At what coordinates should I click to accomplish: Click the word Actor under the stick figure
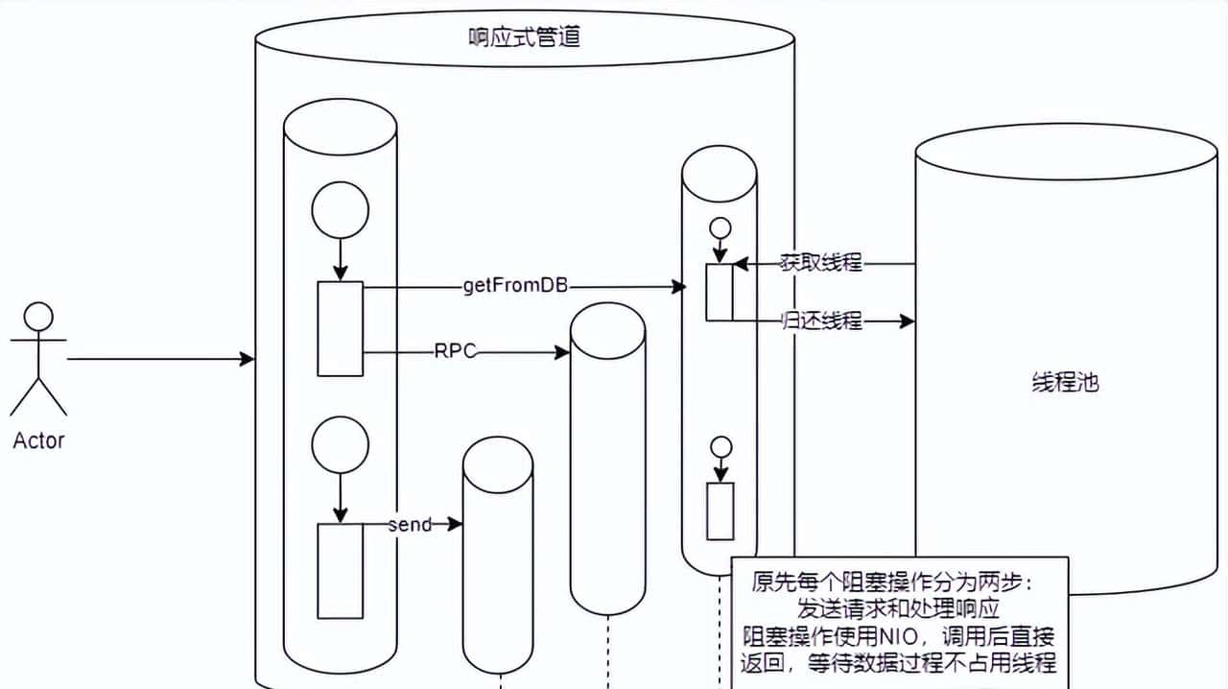pos(38,441)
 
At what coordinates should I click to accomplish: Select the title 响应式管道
pos(523,39)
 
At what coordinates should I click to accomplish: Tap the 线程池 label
pos(1065,382)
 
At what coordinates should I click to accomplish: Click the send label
pos(410,525)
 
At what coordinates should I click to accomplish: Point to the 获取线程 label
pos(822,263)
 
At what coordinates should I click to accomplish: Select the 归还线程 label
pos(822,321)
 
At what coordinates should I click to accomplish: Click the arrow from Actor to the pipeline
pos(153,359)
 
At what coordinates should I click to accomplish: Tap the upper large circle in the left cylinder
pos(340,209)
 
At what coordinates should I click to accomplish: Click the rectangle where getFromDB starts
pos(340,328)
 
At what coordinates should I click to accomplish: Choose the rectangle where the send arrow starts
pos(340,571)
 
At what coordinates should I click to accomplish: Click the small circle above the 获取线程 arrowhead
pos(719,228)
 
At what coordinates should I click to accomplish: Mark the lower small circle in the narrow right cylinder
pos(720,447)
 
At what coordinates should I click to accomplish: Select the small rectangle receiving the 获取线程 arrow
pos(720,293)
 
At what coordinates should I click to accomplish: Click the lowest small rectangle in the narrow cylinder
pos(720,511)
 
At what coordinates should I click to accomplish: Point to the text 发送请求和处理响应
pos(899,609)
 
